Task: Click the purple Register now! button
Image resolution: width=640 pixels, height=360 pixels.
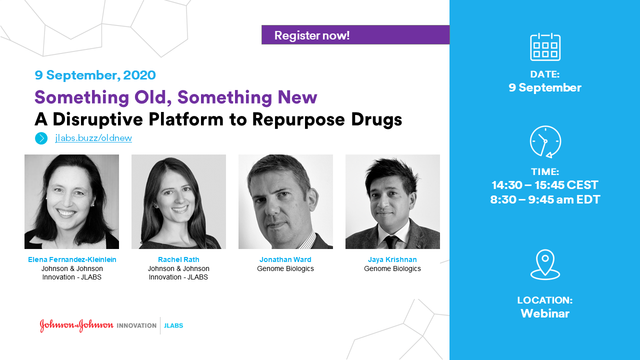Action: pyautogui.click(x=355, y=35)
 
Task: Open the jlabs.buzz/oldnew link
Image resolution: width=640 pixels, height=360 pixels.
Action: pyautogui.click(x=93, y=138)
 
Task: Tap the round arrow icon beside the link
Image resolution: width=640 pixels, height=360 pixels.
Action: pyautogui.click(x=41, y=138)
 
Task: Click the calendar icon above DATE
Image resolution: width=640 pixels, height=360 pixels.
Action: pyautogui.click(x=545, y=47)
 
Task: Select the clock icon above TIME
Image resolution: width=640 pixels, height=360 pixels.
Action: pyautogui.click(x=545, y=141)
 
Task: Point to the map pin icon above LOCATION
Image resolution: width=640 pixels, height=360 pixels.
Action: pyautogui.click(x=545, y=264)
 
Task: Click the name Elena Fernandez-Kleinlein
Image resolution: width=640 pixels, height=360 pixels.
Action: pyautogui.click(x=72, y=259)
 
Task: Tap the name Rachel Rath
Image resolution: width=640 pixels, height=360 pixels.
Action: pyautogui.click(x=178, y=259)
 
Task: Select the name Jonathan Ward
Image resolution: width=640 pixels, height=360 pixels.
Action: pyautogui.click(x=285, y=259)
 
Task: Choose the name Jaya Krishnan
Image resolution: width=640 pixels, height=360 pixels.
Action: pyautogui.click(x=392, y=259)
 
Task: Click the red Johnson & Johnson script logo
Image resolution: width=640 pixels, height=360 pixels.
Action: pyautogui.click(x=76, y=325)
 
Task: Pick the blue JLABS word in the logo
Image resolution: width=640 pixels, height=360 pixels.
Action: pyautogui.click(x=173, y=325)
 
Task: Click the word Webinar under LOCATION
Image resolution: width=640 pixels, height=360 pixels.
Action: pyautogui.click(x=545, y=313)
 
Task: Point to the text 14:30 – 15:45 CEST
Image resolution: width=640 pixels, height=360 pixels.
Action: pyautogui.click(x=545, y=185)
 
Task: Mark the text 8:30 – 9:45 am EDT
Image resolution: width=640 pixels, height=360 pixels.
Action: pyautogui.click(x=545, y=199)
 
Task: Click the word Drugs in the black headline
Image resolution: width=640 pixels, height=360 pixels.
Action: pyautogui.click(x=376, y=119)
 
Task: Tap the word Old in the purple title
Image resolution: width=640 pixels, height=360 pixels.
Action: pyautogui.click(x=150, y=97)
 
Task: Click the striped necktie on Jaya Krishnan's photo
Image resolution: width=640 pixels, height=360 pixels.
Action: pyautogui.click(x=391, y=242)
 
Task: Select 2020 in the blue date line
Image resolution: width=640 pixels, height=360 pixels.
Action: pyautogui.click(x=139, y=75)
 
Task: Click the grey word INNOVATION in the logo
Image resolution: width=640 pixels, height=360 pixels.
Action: pyautogui.click(x=136, y=325)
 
